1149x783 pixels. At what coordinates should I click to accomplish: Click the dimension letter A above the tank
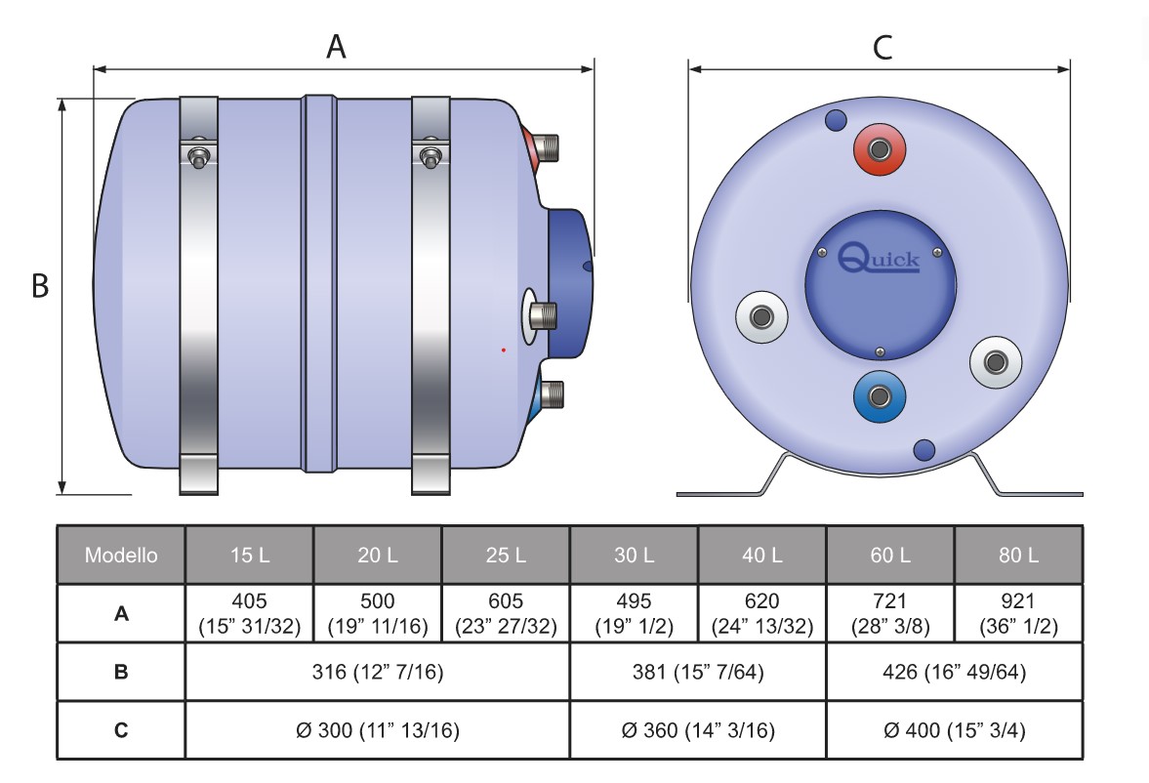[x=336, y=45]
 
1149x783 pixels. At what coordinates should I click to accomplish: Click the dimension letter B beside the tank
[x=40, y=286]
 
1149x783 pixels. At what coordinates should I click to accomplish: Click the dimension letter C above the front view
[x=882, y=47]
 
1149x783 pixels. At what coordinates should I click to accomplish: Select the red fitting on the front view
[x=880, y=149]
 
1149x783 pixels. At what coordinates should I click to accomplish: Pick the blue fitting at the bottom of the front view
[x=880, y=395]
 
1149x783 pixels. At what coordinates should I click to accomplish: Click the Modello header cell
[x=121, y=556]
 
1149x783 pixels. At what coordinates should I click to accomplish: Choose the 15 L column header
[x=249, y=556]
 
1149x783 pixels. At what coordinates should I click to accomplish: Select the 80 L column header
[x=1018, y=556]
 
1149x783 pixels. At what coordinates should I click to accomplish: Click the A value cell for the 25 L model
[x=506, y=613]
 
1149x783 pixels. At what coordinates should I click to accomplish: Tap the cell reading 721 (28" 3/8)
[x=889, y=613]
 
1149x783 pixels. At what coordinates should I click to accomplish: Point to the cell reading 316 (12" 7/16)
[x=377, y=672]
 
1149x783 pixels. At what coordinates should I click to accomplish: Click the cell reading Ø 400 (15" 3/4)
[x=954, y=730]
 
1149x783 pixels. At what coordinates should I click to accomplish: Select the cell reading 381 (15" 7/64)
[x=697, y=672]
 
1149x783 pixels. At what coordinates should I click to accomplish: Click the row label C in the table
[x=121, y=730]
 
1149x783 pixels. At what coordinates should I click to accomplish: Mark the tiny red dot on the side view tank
[x=503, y=349]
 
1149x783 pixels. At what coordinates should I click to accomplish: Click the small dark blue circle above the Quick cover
[x=837, y=121]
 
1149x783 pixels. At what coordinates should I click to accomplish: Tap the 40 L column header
[x=761, y=556]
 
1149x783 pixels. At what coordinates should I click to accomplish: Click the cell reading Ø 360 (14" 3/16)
[x=697, y=730]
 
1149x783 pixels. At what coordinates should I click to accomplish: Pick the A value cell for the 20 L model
[x=377, y=613]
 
